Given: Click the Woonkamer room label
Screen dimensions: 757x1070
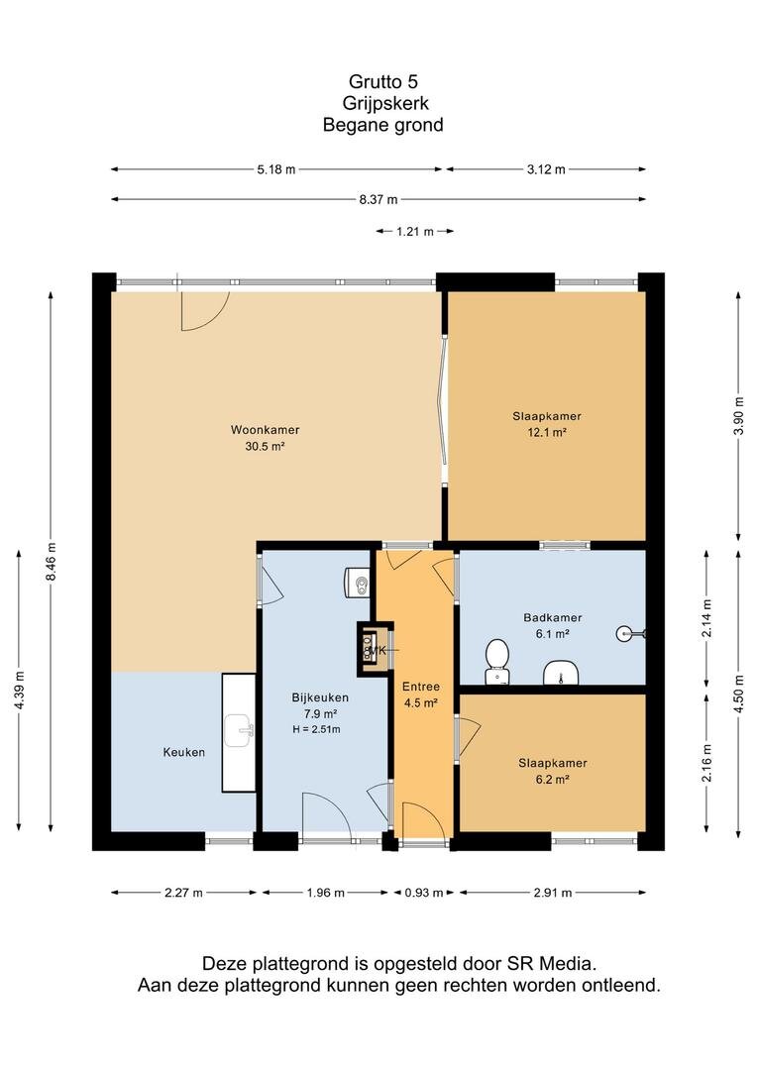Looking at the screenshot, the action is coord(265,430).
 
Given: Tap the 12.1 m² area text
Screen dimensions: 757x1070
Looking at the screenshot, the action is coord(548,432).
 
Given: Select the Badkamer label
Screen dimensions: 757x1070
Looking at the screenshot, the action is coord(553,617).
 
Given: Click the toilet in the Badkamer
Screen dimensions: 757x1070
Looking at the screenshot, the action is coord(497,661).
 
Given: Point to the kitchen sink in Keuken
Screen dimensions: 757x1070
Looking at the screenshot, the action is coord(239,731).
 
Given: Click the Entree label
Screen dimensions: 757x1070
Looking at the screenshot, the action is coord(420,687).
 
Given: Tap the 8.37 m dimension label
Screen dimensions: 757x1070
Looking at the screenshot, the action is coord(378,200).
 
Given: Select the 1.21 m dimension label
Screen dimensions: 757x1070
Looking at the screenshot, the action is coord(414,232).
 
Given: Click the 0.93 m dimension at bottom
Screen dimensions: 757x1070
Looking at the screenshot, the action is coord(424,893).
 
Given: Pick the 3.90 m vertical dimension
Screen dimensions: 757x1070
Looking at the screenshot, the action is coord(737,415).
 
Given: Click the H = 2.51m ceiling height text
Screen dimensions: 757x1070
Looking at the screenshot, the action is coord(316,729).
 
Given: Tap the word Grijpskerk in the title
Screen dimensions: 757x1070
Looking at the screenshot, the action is coord(385,103).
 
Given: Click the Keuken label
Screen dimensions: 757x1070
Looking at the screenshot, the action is coord(183,753).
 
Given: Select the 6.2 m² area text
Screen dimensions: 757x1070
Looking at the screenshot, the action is coord(552,780).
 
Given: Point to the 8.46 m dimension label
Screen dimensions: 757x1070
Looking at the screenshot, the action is coord(51,562).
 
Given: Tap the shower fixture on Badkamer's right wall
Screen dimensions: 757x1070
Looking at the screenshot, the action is coord(630,634).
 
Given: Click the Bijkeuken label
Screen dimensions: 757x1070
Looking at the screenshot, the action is coord(320,697).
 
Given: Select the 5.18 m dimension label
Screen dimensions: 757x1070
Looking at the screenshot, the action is coord(276,170).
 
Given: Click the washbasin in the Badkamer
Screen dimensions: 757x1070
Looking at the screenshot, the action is coord(561,673).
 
